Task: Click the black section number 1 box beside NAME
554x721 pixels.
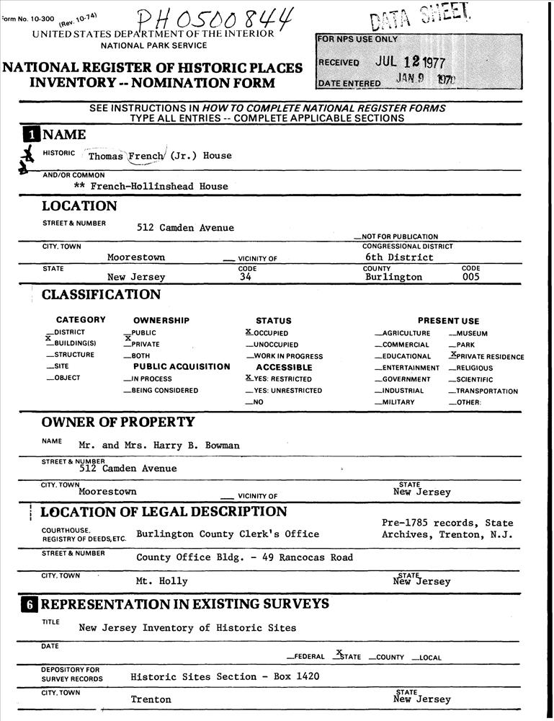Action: pos(31,135)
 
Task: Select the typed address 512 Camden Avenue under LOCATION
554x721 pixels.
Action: pos(185,228)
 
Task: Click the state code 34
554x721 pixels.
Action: pos(245,277)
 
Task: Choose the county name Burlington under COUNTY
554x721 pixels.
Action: pos(393,277)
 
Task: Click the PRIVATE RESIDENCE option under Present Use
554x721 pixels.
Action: pos(486,356)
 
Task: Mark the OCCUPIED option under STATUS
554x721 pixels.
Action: pos(267,333)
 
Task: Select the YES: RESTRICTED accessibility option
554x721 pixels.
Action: pos(278,379)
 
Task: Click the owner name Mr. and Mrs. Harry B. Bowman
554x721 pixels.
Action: pos(159,446)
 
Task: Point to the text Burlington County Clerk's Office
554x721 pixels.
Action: pos(228,534)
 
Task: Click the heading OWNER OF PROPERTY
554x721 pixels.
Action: pos(118,422)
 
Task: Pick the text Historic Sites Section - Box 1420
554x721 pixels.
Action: pos(225,676)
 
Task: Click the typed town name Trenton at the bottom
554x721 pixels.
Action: pos(151,699)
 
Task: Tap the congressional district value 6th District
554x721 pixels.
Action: pos(399,257)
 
